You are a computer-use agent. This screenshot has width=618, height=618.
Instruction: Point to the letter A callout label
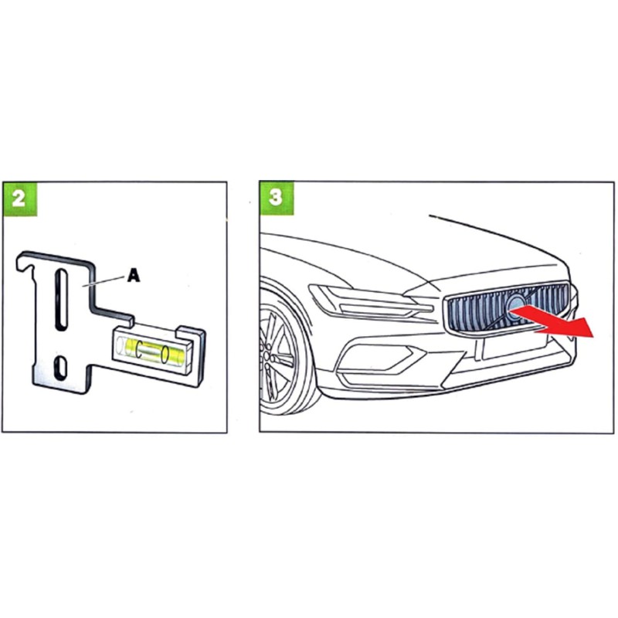(133, 276)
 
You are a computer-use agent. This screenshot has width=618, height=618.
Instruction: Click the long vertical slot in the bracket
(59, 294)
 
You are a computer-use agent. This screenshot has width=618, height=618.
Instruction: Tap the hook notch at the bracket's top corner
(29, 267)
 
